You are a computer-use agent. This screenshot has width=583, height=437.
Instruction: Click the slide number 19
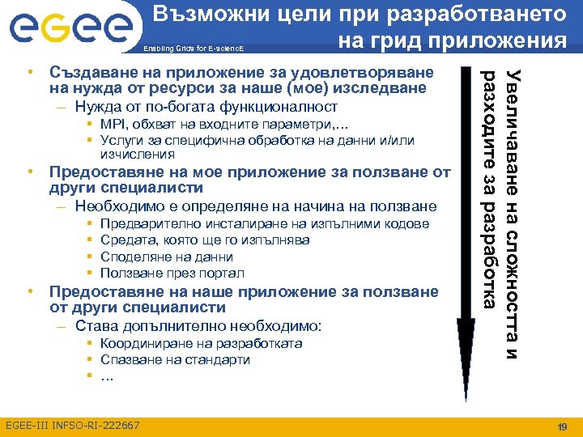[562, 426]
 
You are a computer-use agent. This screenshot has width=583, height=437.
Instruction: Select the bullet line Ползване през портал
[172, 273]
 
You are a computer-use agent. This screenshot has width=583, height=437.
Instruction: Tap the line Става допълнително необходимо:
[198, 326]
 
